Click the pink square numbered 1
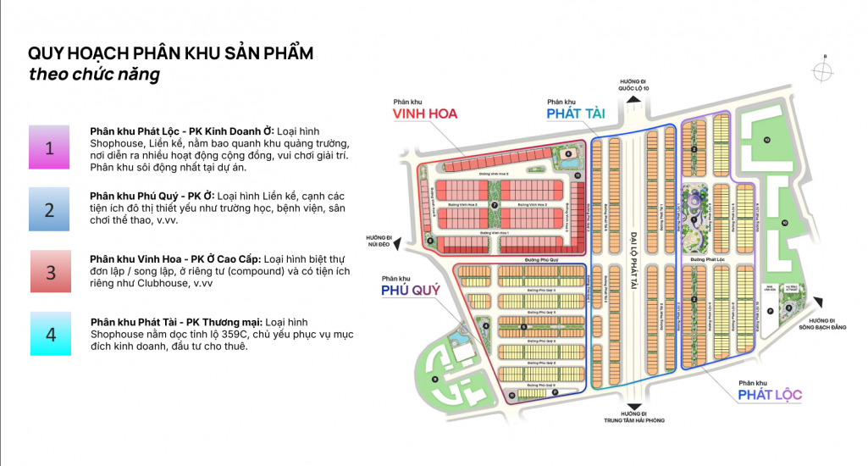[x=49, y=148]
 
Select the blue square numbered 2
[x=49, y=209]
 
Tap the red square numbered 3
[x=50, y=272]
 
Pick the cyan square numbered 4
[x=50, y=334]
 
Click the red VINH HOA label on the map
[x=423, y=114]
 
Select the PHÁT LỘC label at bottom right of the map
[x=769, y=395]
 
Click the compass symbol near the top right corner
[x=822, y=72]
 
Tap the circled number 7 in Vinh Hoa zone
[x=495, y=206]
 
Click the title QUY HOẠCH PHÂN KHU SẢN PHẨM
[x=171, y=53]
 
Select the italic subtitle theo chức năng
[x=94, y=75]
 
